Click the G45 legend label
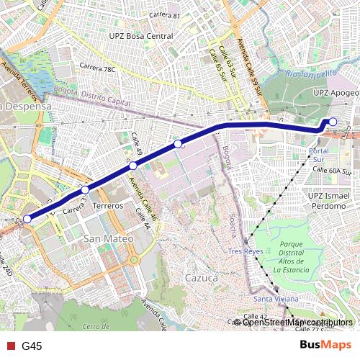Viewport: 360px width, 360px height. coord(32,346)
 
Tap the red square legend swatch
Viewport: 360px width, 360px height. coord(10,346)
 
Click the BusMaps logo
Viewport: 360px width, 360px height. coord(325,346)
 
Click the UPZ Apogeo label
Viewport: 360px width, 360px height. coord(336,93)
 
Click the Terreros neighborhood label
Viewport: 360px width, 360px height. coord(108,206)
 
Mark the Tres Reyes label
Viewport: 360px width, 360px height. coord(246,251)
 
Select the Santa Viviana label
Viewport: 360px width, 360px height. coord(271,298)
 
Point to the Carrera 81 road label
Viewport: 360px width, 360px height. coord(164,15)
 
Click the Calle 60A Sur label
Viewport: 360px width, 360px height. coord(332,171)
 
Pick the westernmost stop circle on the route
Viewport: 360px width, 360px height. coord(27,219)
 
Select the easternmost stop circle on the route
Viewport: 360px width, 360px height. coord(333,122)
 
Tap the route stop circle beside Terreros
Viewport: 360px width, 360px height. coord(85,190)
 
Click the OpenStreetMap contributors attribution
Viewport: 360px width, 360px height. coord(297,322)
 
